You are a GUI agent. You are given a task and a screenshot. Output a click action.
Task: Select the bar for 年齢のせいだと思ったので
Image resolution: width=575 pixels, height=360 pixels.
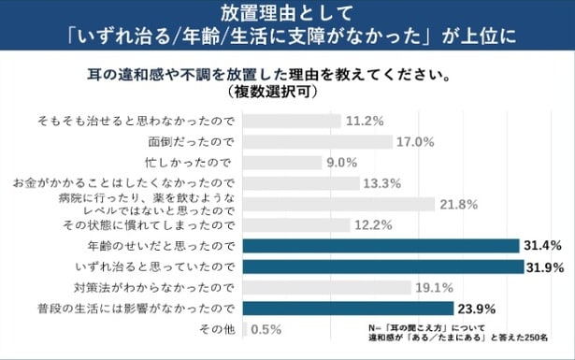[381, 246]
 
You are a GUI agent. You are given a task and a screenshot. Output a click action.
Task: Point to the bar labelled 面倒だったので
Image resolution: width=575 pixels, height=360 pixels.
[318, 142]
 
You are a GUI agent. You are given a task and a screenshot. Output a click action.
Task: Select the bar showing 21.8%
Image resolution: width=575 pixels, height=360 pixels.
[339, 204]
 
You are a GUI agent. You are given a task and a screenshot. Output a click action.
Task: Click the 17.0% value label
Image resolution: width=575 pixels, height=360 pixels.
[416, 142]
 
